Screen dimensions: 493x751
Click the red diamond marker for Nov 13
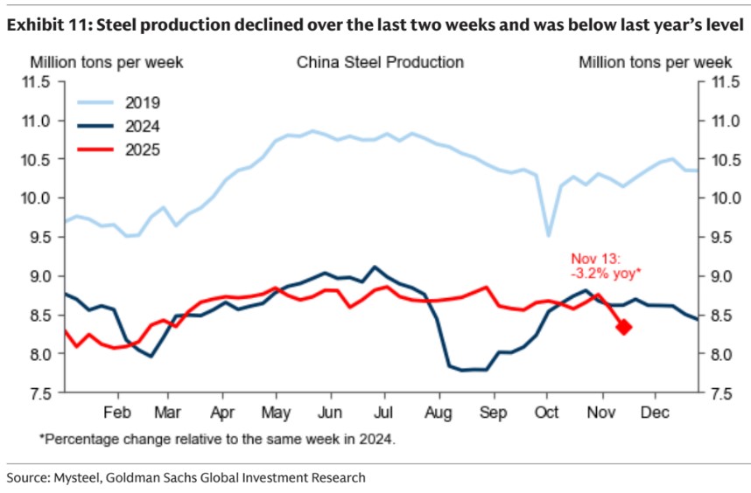(x=624, y=327)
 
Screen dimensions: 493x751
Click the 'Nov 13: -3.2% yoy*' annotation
(x=605, y=266)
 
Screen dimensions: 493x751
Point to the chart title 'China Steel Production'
(x=380, y=62)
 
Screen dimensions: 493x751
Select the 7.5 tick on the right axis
(x=716, y=393)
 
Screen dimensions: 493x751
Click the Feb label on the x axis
(x=116, y=411)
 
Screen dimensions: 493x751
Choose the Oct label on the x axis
(x=547, y=411)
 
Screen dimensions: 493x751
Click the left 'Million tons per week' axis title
(x=107, y=62)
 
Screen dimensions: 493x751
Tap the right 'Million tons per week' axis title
(x=654, y=62)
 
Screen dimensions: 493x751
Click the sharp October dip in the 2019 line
(x=549, y=234)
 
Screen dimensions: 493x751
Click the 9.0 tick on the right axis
(x=716, y=276)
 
